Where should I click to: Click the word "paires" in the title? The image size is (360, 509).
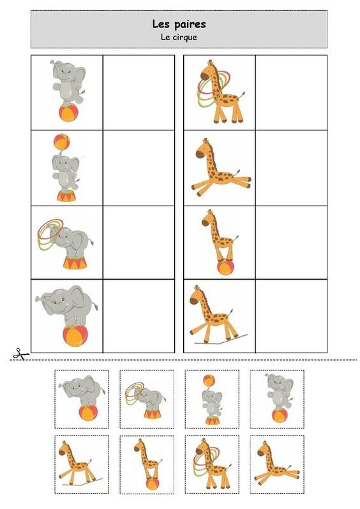click(x=190, y=25)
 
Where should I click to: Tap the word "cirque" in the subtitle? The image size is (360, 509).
click(x=184, y=37)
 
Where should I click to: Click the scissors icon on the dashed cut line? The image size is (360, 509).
click(x=21, y=354)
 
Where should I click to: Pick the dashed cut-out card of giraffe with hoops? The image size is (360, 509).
click(x=212, y=464)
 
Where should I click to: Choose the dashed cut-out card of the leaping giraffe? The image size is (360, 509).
click(x=277, y=464)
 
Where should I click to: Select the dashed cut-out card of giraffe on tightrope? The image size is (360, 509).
click(x=82, y=464)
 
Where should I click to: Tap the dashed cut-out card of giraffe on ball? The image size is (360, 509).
click(x=147, y=464)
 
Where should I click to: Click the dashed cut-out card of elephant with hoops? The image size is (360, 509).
click(x=147, y=399)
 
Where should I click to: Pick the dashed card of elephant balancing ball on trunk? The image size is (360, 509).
click(x=212, y=399)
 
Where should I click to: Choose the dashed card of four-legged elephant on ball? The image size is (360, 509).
click(x=82, y=399)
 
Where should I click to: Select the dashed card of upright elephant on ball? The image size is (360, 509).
click(x=277, y=399)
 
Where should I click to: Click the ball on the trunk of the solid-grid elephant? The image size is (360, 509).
click(x=62, y=142)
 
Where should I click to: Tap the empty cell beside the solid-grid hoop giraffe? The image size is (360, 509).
click(x=291, y=93)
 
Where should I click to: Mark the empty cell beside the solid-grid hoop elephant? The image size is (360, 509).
click(x=139, y=242)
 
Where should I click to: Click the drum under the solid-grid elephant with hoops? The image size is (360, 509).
click(x=75, y=262)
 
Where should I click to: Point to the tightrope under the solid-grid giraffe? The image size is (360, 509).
click(x=221, y=339)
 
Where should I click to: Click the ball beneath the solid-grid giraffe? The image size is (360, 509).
click(x=225, y=268)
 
